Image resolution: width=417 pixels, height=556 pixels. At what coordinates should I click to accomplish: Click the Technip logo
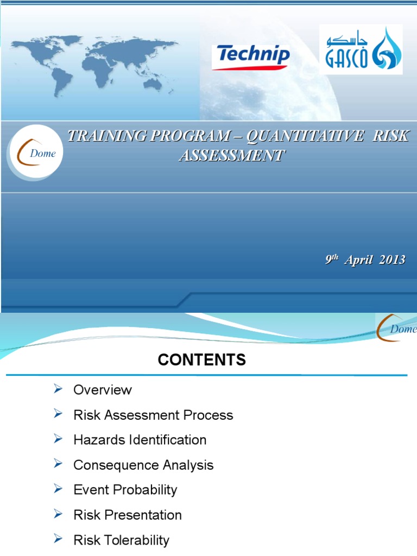[x=250, y=56]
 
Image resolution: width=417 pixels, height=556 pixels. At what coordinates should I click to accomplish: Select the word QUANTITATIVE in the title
[x=305, y=136]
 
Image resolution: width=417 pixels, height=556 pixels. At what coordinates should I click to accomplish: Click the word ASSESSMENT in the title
[x=231, y=155]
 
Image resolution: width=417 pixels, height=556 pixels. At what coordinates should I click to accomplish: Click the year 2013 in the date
[x=392, y=260]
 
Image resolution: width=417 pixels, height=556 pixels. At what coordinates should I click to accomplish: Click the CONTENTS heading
[x=202, y=360]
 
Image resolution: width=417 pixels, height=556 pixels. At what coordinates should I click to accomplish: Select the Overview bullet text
[x=103, y=390]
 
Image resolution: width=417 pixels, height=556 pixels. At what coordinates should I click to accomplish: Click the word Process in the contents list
[x=208, y=415]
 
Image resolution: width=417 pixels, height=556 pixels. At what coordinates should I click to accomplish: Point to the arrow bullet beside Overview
[x=59, y=389]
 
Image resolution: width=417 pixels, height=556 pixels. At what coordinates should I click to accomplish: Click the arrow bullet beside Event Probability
[x=59, y=489]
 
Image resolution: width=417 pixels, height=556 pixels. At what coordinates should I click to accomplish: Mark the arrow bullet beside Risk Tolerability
[x=59, y=539]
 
